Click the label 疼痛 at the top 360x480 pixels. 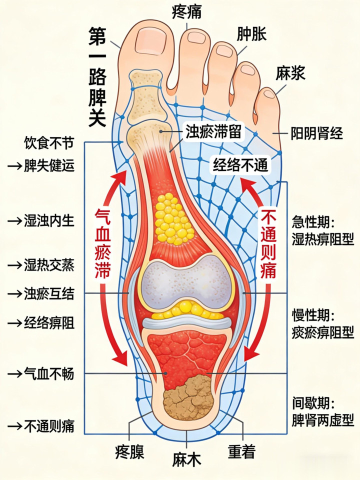186,10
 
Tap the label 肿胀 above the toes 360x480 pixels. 251,34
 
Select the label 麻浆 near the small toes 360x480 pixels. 290,73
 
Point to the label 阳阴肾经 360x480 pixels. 317,133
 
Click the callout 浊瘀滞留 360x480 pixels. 214,132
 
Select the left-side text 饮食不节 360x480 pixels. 49,143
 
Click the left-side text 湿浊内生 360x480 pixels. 49,220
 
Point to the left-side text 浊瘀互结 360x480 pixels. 49,293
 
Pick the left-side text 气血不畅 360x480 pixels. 49,373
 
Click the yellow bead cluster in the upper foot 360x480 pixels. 173,218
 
